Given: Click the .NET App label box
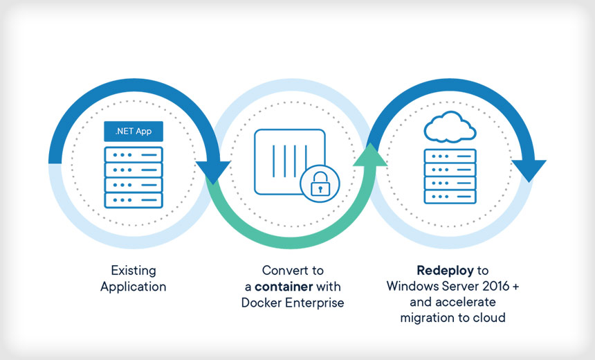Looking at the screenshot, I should (133, 130).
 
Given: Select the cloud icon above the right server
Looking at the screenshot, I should (450, 129).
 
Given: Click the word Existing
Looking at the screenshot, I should (134, 270).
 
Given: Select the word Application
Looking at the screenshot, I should (134, 286).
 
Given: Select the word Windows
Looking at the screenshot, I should (411, 285).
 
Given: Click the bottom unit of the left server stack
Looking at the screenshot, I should (133, 200).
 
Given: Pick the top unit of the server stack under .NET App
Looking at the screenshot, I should (133, 154).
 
